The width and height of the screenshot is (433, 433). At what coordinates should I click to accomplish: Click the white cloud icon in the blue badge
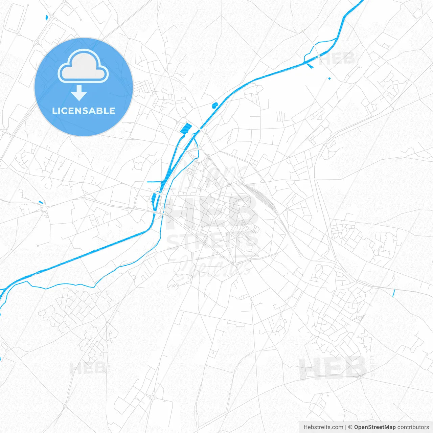[83, 66]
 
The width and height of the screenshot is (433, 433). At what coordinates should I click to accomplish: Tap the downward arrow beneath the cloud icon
[79, 93]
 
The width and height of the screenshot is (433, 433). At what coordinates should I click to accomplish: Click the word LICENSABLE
[84, 111]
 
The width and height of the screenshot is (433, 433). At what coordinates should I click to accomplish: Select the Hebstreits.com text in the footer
[323, 427]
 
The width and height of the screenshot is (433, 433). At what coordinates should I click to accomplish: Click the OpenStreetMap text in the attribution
[374, 427]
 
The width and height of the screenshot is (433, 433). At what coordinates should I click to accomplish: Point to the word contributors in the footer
[413, 427]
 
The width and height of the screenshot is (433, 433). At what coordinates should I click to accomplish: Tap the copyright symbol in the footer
[350, 427]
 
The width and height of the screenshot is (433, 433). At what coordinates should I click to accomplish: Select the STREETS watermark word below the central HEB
[212, 241]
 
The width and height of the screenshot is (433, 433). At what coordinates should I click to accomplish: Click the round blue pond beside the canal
[214, 106]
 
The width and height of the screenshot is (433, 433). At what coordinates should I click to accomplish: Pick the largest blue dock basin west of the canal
[186, 129]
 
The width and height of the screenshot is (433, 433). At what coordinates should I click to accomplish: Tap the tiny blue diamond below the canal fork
[329, 78]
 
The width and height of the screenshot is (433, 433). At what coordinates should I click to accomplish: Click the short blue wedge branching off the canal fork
[310, 65]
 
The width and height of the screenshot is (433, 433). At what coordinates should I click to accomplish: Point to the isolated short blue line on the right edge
[393, 293]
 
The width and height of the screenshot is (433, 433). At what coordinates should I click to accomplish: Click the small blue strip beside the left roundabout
[41, 202]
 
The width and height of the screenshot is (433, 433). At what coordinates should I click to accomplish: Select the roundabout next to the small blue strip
[44, 209]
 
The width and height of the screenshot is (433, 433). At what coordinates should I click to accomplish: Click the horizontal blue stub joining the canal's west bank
[154, 182]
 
